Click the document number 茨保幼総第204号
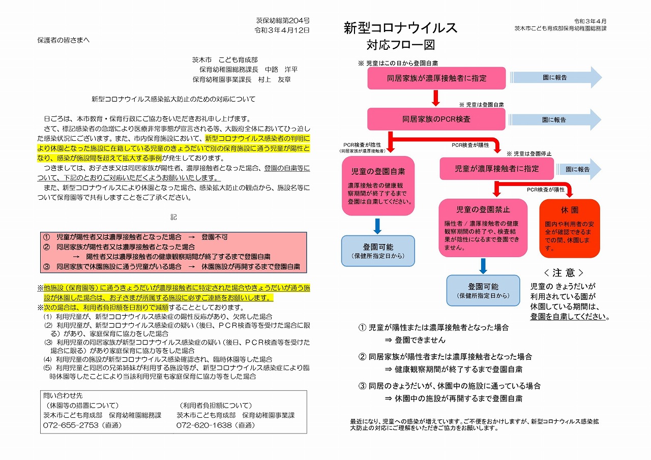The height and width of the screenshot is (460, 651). (282, 21)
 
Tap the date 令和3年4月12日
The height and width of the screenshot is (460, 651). (282, 30)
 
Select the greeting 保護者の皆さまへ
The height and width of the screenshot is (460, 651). (64, 40)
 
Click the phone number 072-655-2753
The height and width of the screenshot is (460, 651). (71, 425)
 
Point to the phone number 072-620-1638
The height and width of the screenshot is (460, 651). (204, 425)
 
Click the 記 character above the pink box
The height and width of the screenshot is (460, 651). (173, 217)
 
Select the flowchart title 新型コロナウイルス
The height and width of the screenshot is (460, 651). (400, 28)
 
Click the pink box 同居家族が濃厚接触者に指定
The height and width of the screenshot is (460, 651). (436, 78)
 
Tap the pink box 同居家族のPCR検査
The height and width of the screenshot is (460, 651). (436, 119)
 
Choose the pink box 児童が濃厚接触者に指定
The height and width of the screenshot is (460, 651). (497, 169)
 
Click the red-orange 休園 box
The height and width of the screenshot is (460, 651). (570, 228)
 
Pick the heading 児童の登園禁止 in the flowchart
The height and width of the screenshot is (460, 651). (483, 209)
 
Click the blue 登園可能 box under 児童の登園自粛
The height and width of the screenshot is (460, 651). (378, 251)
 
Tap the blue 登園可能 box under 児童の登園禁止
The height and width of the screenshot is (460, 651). (483, 290)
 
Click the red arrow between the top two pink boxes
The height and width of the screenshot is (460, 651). (436, 98)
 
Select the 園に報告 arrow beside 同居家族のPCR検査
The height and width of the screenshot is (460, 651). (555, 119)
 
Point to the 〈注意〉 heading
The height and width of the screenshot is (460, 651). (564, 272)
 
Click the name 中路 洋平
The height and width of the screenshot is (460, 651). (281, 70)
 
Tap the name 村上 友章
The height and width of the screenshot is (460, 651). (275, 80)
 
